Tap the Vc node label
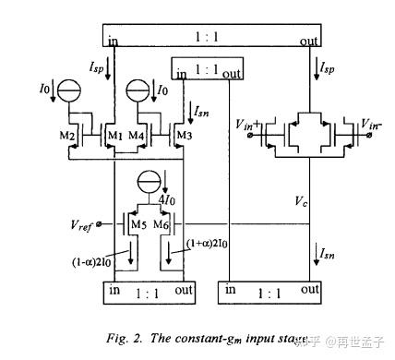point(301,200)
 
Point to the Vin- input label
point(373,123)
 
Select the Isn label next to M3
point(203,112)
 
